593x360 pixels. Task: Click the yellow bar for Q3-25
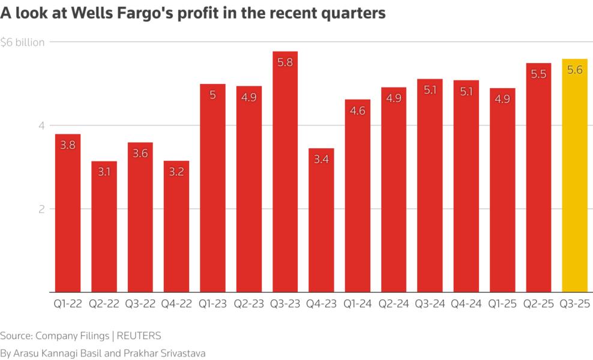(x=574, y=180)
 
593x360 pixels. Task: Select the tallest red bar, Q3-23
(x=284, y=180)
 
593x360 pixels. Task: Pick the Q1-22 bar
(x=68, y=216)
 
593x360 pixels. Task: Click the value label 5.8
(x=284, y=62)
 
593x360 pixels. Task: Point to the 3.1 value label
(x=104, y=172)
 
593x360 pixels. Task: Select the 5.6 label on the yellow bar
(x=574, y=70)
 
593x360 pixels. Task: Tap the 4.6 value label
(x=357, y=110)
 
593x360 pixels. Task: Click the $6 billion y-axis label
(x=23, y=43)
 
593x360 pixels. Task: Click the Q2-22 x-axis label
(x=104, y=304)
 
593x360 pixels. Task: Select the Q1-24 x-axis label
(x=357, y=304)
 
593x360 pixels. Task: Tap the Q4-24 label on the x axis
(x=466, y=304)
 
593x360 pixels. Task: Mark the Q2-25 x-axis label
(x=538, y=304)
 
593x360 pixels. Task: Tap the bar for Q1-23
(x=212, y=192)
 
